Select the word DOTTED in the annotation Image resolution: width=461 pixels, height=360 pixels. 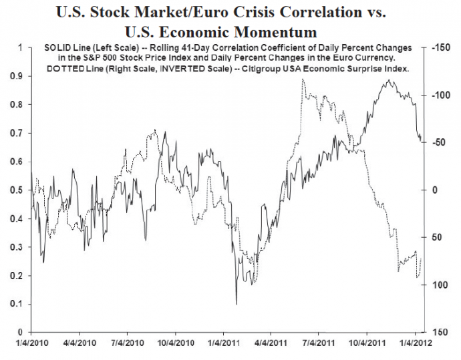[61, 69]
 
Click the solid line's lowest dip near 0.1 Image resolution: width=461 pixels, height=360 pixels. [236, 304]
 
